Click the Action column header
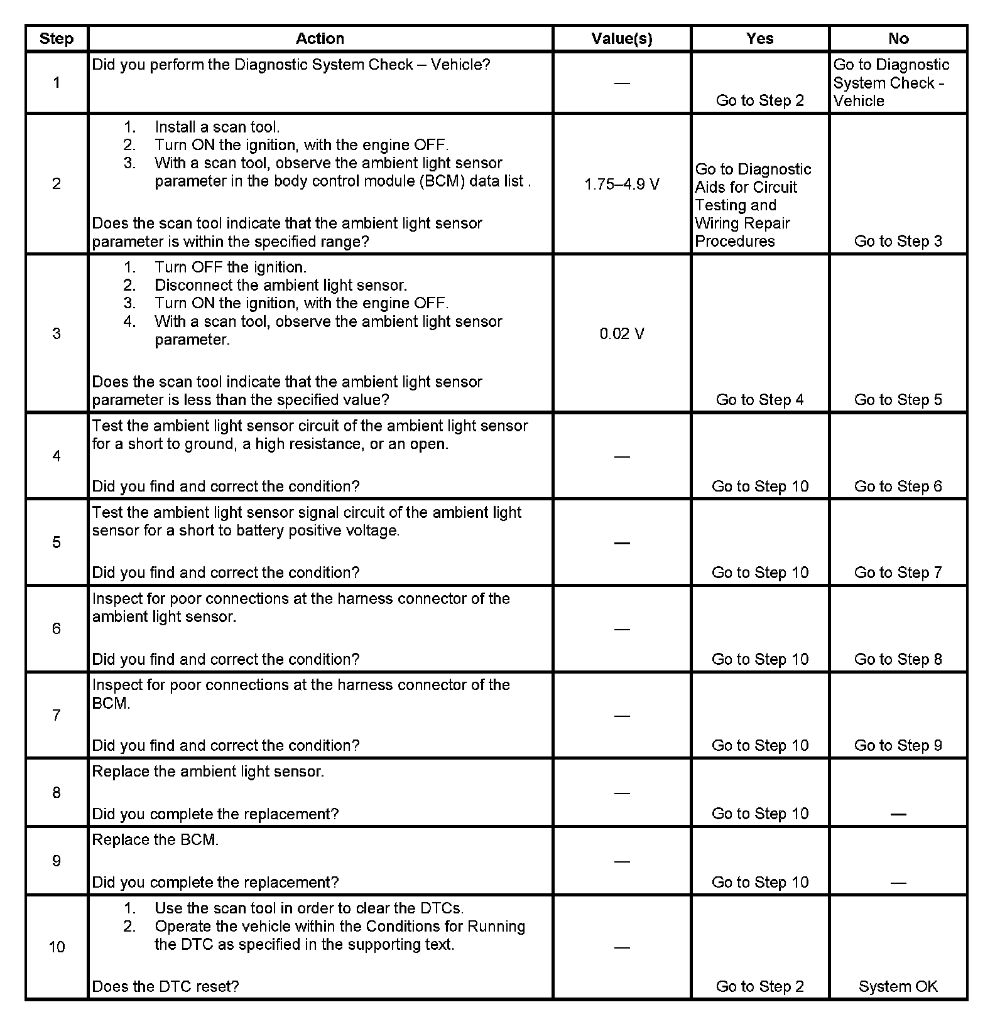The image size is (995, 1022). pos(320,39)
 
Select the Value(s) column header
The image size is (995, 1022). pos(622,39)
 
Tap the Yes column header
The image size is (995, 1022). pos(759,39)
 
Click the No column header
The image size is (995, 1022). pos(898,39)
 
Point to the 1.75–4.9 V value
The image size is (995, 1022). pos(622,185)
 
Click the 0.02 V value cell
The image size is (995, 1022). pos(622,333)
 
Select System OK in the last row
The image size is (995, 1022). pos(898,986)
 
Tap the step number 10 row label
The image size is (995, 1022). pos(57,947)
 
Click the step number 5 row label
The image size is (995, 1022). pos(57,542)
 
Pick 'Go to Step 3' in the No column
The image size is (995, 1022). pos(898,242)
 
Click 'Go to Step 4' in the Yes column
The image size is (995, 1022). pos(759,400)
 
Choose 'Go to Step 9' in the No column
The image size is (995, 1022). pos(898,745)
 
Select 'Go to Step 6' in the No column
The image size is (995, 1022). pos(898,487)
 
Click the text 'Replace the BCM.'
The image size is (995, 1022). pos(155,840)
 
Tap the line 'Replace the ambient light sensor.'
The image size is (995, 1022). pos(208,772)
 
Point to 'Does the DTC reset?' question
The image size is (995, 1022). pos(165,986)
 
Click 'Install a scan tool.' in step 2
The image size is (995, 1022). pos(217,127)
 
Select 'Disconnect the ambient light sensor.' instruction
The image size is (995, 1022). pos(281,286)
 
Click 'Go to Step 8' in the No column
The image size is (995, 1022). pos(898,659)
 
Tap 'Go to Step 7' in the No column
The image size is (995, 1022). pos(898,573)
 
